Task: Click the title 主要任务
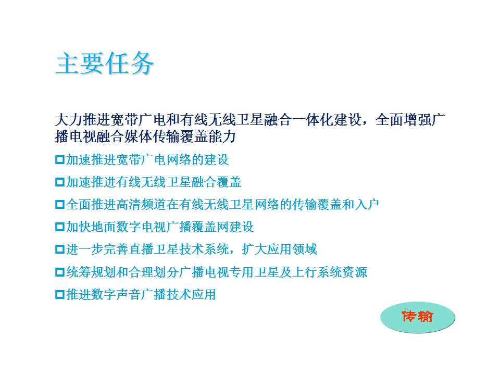(105, 63)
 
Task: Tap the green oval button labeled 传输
(417, 317)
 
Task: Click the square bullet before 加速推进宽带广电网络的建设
(59, 159)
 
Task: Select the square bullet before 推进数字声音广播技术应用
(59, 294)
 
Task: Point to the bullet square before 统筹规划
(59, 272)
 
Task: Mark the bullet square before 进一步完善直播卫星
(59, 249)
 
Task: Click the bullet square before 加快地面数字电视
(59, 227)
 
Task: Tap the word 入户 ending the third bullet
(367, 204)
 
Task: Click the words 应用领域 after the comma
(292, 249)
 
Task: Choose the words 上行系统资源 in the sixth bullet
(329, 272)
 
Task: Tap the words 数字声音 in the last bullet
(116, 294)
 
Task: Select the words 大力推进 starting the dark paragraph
(83, 120)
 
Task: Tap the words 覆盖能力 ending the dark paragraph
(208, 136)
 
